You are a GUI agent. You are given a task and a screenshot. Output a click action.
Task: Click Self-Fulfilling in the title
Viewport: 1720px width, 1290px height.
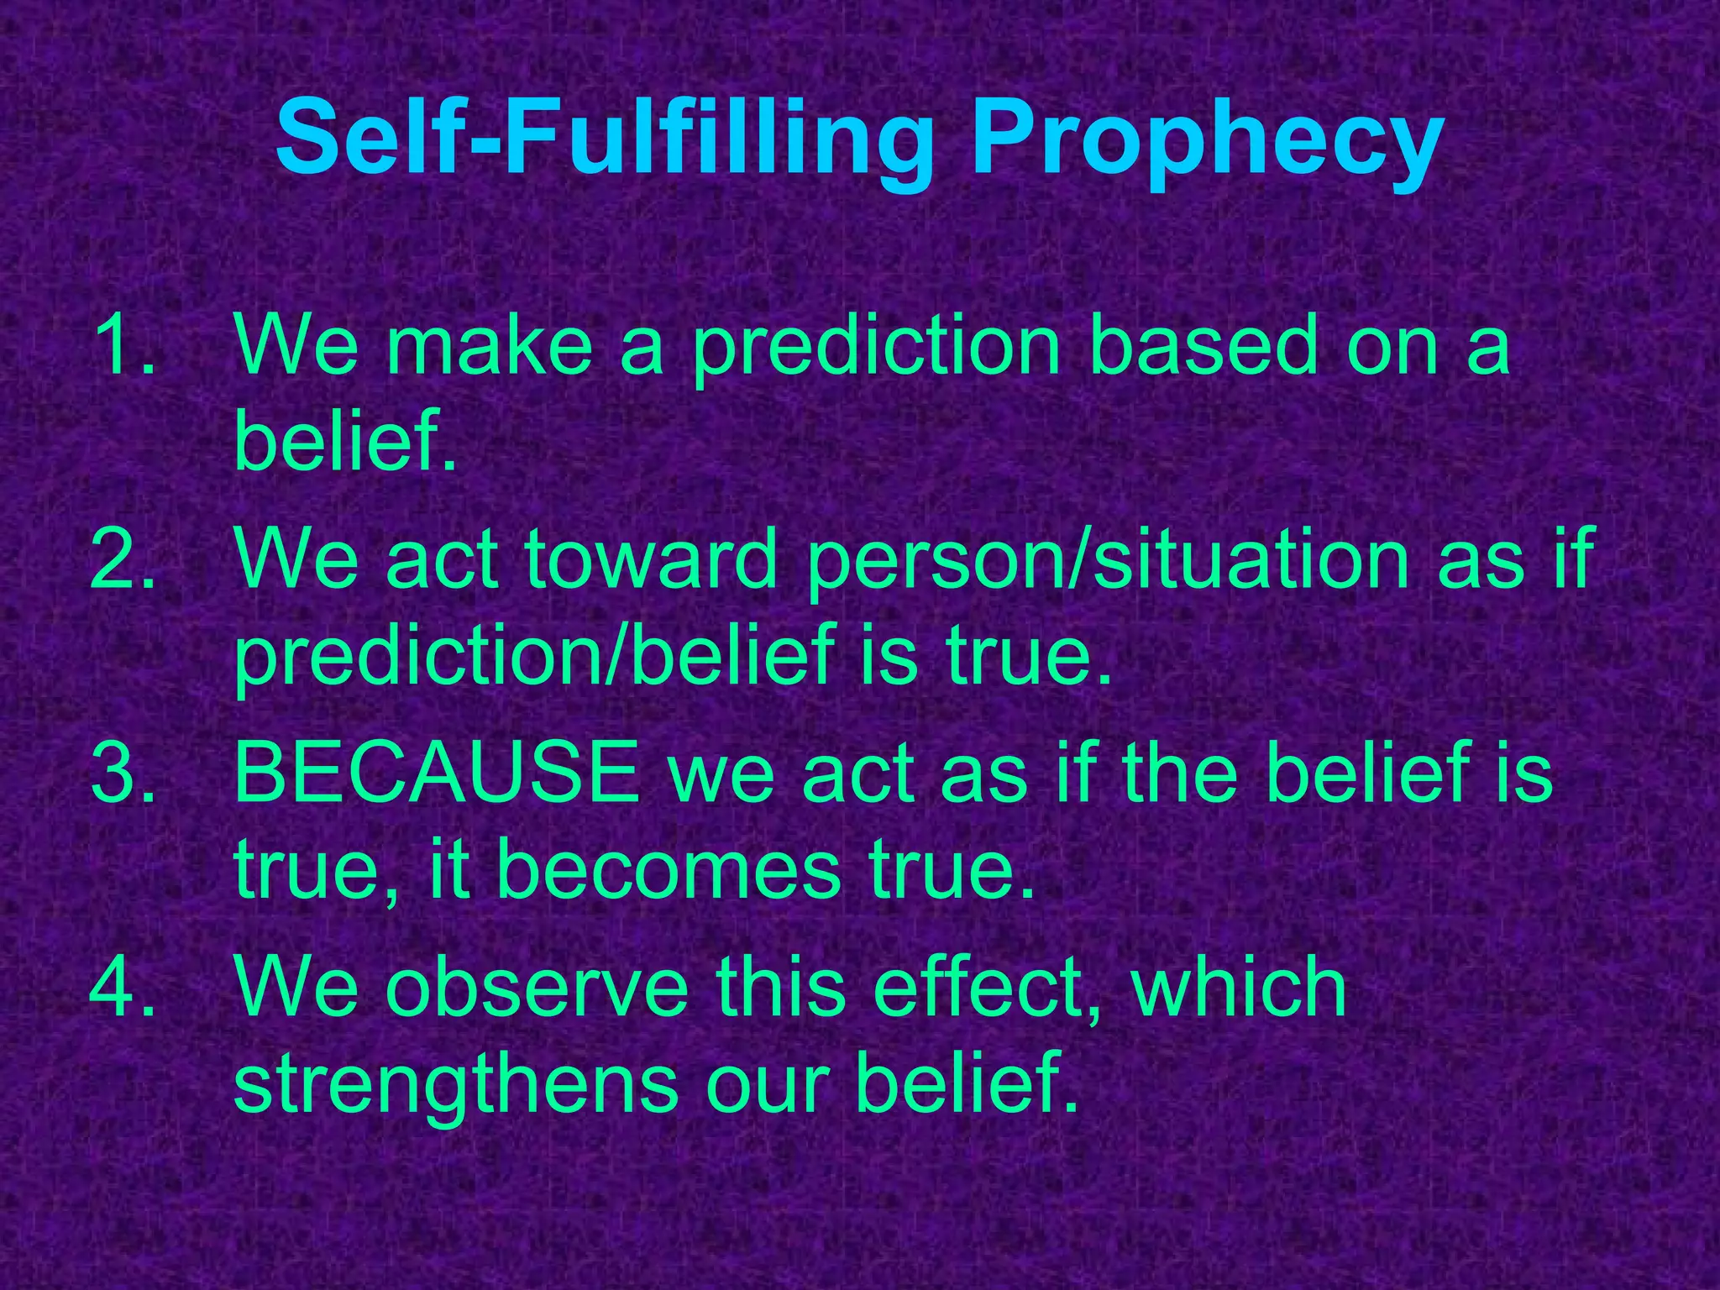(x=604, y=139)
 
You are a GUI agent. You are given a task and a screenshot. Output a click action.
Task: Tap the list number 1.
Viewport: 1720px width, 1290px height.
(x=123, y=344)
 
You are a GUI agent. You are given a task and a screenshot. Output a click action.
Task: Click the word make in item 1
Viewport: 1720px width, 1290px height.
(x=489, y=344)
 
